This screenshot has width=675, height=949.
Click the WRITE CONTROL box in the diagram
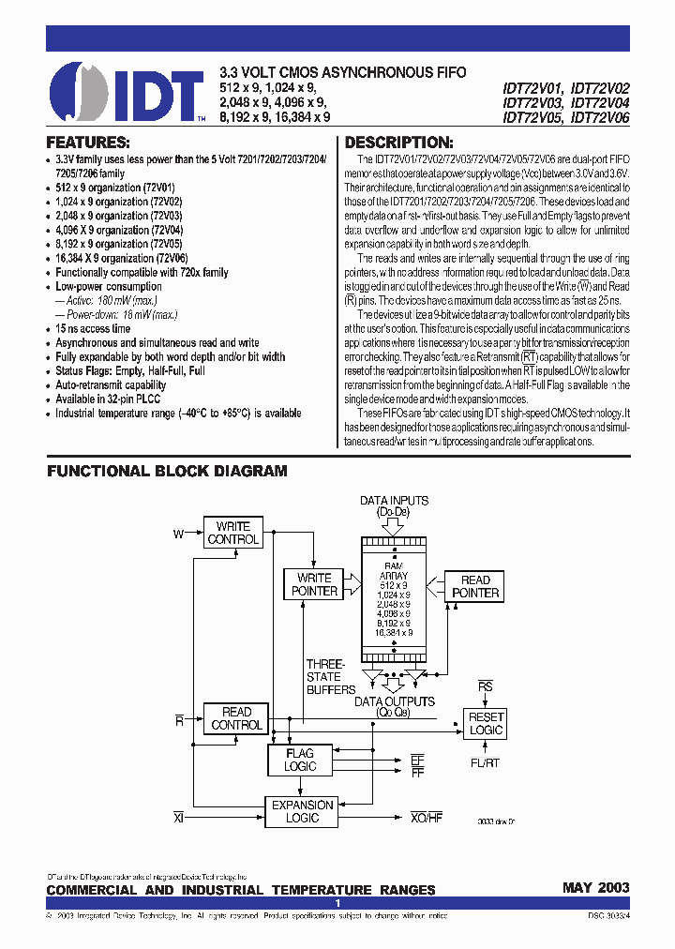[x=233, y=534]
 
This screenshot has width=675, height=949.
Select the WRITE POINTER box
[x=315, y=584]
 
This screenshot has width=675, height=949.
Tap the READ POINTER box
[x=475, y=586]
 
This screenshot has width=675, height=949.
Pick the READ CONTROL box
[x=237, y=718]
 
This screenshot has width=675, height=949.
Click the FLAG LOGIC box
[x=300, y=760]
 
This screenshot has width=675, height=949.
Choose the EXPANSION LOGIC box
[x=302, y=811]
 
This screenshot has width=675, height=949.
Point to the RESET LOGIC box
[x=486, y=723]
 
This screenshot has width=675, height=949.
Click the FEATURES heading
[x=88, y=143]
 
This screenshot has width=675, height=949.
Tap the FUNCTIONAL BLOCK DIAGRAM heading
[x=167, y=472]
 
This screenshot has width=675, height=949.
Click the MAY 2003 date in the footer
[x=595, y=888]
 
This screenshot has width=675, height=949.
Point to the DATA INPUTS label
[x=394, y=501]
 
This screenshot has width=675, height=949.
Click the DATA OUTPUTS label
[x=394, y=701]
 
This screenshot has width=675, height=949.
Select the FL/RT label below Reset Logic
[x=485, y=762]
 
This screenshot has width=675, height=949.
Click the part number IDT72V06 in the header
[x=600, y=118]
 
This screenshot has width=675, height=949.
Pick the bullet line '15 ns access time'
[x=93, y=329]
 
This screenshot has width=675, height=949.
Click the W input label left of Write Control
[x=179, y=534]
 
